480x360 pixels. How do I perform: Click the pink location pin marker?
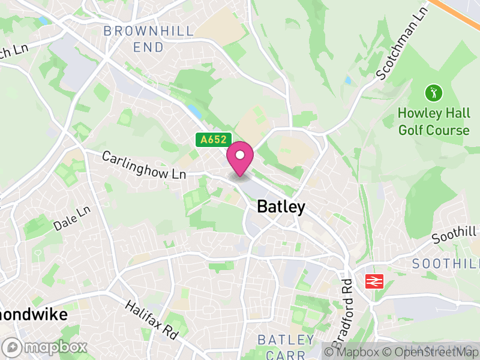tap(240, 157)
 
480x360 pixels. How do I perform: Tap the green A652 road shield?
tap(213, 140)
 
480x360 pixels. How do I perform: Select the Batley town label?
tap(281, 207)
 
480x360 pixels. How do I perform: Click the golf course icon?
tap(433, 93)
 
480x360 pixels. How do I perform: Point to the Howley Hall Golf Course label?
tap(433, 121)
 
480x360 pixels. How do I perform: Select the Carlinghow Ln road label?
tap(144, 166)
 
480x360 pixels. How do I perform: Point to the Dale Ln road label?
tap(71, 218)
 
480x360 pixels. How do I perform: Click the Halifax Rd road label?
tap(153, 320)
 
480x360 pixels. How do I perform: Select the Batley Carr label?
tap(286, 347)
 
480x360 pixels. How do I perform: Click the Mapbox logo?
tap(45, 347)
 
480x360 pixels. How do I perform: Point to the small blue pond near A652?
tap(193, 111)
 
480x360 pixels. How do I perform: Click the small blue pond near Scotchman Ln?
tap(348, 79)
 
